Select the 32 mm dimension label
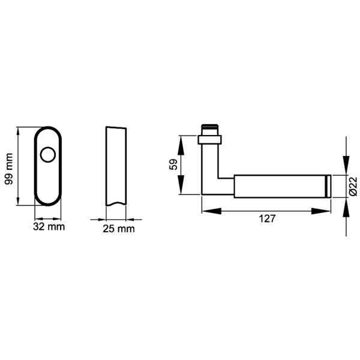(x=48, y=227)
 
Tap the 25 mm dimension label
(x=118, y=228)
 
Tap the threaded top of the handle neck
(x=210, y=128)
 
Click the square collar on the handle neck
(x=210, y=140)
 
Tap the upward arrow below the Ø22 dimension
(x=345, y=205)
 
